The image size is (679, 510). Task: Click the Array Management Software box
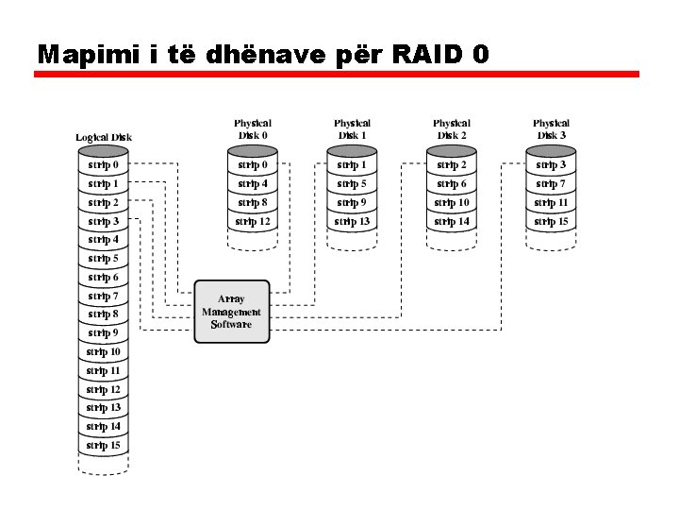coord(231,312)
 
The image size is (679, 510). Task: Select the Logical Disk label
coord(104,138)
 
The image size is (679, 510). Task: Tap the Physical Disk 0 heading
coord(253,129)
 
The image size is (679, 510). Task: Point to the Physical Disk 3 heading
coord(551,129)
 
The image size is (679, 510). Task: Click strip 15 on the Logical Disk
coord(104,446)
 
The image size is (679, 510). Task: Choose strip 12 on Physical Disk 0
coord(253,222)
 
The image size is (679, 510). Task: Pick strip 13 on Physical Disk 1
coord(352,222)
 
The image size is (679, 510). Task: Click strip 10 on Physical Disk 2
coord(452,203)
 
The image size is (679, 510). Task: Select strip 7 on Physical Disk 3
coord(551,184)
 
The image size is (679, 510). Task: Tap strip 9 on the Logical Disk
coord(104,333)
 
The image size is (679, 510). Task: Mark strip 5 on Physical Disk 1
coord(352,184)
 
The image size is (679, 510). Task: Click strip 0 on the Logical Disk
coord(104,165)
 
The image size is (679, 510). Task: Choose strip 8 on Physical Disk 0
coord(253,203)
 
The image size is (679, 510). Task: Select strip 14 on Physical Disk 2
coord(452,222)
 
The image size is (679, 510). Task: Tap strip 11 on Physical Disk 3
coord(551,203)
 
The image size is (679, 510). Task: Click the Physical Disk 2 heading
coord(452,129)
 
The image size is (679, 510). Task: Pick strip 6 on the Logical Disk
coord(104,278)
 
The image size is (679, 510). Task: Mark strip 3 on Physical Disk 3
coord(551,165)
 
